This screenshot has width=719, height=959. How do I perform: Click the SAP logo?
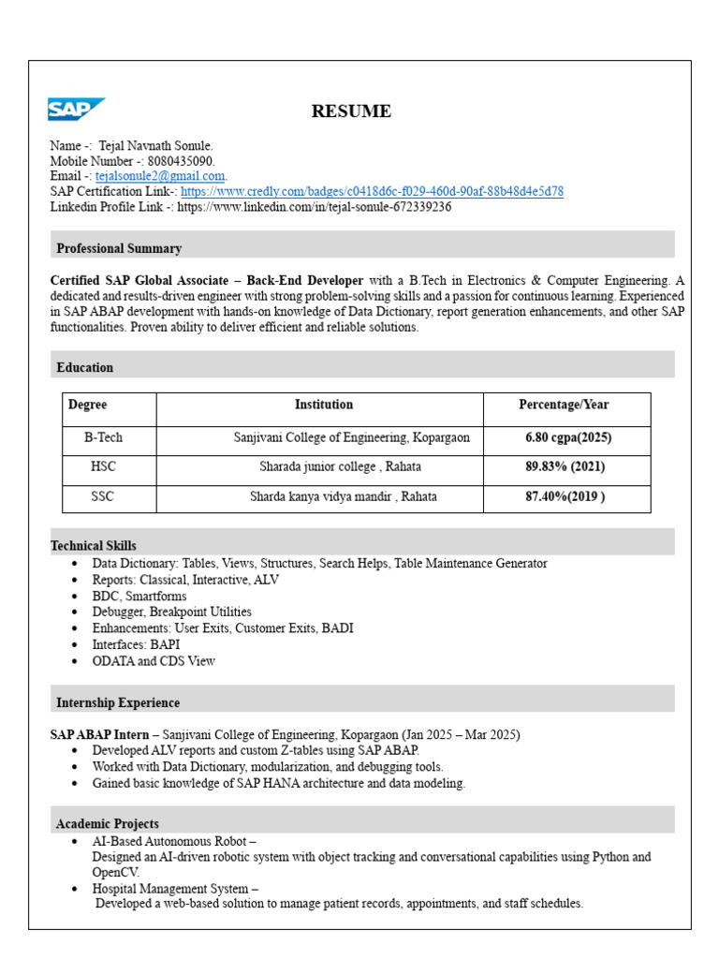click(x=76, y=110)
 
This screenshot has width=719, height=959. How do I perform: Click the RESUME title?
click(x=351, y=111)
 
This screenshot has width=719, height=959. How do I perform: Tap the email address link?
click(x=160, y=176)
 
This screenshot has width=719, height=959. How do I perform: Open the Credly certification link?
click(x=372, y=191)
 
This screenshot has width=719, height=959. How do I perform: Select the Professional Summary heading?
click(x=119, y=248)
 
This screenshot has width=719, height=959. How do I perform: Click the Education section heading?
click(x=85, y=367)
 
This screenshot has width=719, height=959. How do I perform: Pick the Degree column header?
click(x=88, y=405)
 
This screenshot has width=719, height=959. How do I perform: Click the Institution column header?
click(x=324, y=405)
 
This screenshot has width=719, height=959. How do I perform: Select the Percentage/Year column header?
click(x=564, y=405)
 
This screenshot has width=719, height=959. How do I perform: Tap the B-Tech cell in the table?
click(x=103, y=437)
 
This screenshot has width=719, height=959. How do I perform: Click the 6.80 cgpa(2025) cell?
click(x=568, y=437)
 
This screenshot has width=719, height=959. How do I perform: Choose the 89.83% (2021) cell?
click(x=565, y=466)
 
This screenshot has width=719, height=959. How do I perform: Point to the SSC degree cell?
click(x=102, y=496)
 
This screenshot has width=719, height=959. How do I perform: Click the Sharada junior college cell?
click(x=340, y=466)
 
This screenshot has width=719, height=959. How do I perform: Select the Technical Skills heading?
click(x=94, y=545)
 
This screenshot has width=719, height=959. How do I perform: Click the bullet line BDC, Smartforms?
click(x=139, y=596)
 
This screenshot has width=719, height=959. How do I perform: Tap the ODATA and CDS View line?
click(x=154, y=661)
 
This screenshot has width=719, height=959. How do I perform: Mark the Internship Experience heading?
click(x=118, y=702)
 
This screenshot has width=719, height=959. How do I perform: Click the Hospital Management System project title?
click(x=174, y=888)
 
